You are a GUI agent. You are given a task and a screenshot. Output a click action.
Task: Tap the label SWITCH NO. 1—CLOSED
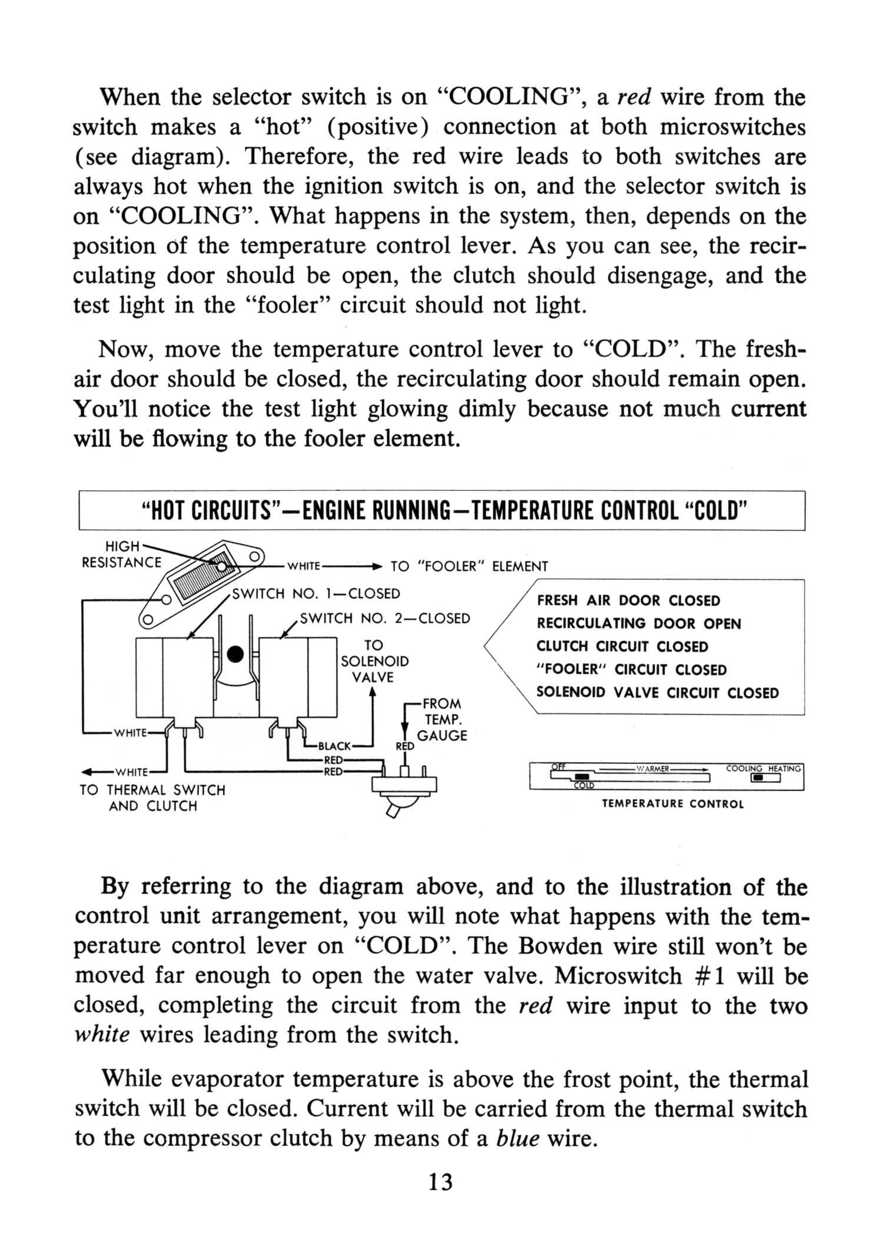tap(316, 593)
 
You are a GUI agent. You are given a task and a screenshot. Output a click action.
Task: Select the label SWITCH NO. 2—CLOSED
tap(385, 618)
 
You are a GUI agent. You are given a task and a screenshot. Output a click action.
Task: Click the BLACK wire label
tap(334, 746)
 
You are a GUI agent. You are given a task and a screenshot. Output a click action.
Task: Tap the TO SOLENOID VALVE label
tap(374, 661)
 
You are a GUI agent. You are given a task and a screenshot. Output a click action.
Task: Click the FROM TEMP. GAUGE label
tap(441, 719)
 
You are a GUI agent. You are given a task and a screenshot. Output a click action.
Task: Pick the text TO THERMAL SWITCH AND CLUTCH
tap(152, 798)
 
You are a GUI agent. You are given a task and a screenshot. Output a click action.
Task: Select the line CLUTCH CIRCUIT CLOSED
tap(622, 646)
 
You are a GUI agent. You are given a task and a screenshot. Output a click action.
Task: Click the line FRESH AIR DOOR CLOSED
tap(628, 600)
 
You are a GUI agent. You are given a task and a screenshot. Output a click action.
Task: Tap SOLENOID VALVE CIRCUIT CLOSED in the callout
tap(658, 692)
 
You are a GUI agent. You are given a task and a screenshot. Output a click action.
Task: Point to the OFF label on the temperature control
tap(558, 766)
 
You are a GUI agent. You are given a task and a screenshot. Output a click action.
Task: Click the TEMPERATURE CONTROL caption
tap(673, 803)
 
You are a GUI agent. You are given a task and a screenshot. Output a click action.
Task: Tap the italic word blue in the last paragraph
tap(518, 1138)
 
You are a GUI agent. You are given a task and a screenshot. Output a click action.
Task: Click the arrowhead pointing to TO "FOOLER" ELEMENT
tap(377, 566)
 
